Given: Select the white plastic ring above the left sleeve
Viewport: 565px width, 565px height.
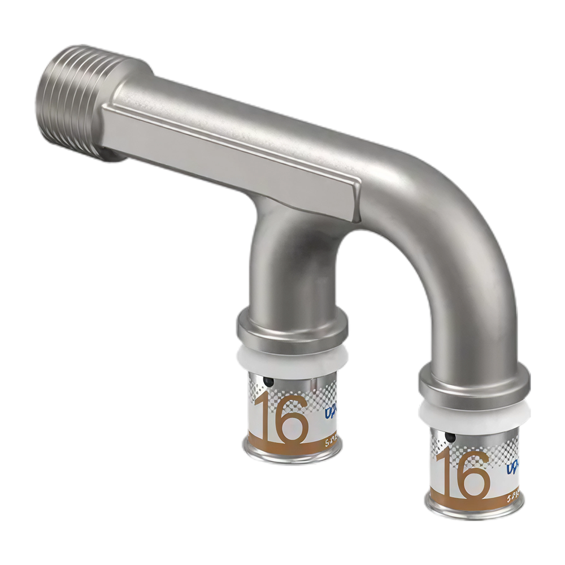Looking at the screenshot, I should pos(291,356).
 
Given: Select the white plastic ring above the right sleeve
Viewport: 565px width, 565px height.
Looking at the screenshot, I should pos(473,411).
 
